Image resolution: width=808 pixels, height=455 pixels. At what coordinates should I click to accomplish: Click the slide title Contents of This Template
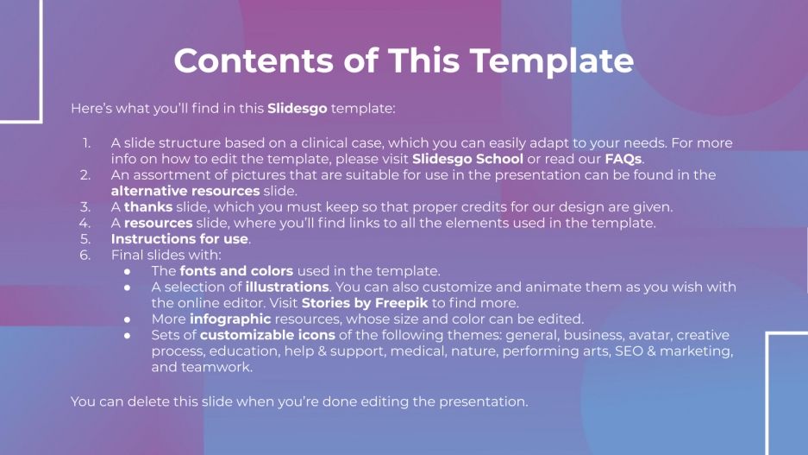404,61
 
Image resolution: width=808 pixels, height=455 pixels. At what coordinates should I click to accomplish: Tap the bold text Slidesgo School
467,159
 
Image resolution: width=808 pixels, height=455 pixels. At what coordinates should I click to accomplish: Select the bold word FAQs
623,159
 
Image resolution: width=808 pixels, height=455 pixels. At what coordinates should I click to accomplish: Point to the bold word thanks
147,207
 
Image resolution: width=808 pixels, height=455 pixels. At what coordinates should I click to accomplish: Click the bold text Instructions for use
179,239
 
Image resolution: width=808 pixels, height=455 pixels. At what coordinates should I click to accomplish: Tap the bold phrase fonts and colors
236,271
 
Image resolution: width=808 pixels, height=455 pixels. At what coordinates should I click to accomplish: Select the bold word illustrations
287,287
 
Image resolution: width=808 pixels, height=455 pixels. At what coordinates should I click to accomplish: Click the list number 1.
86,143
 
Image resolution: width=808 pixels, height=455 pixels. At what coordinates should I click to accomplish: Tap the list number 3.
85,207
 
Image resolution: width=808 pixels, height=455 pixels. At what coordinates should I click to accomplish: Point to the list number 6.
85,255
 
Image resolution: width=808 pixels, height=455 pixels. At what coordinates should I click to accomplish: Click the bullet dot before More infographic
128,319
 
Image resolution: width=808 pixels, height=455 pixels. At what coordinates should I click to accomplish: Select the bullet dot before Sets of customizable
128,335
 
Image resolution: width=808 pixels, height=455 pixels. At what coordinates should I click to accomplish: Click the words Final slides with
166,255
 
